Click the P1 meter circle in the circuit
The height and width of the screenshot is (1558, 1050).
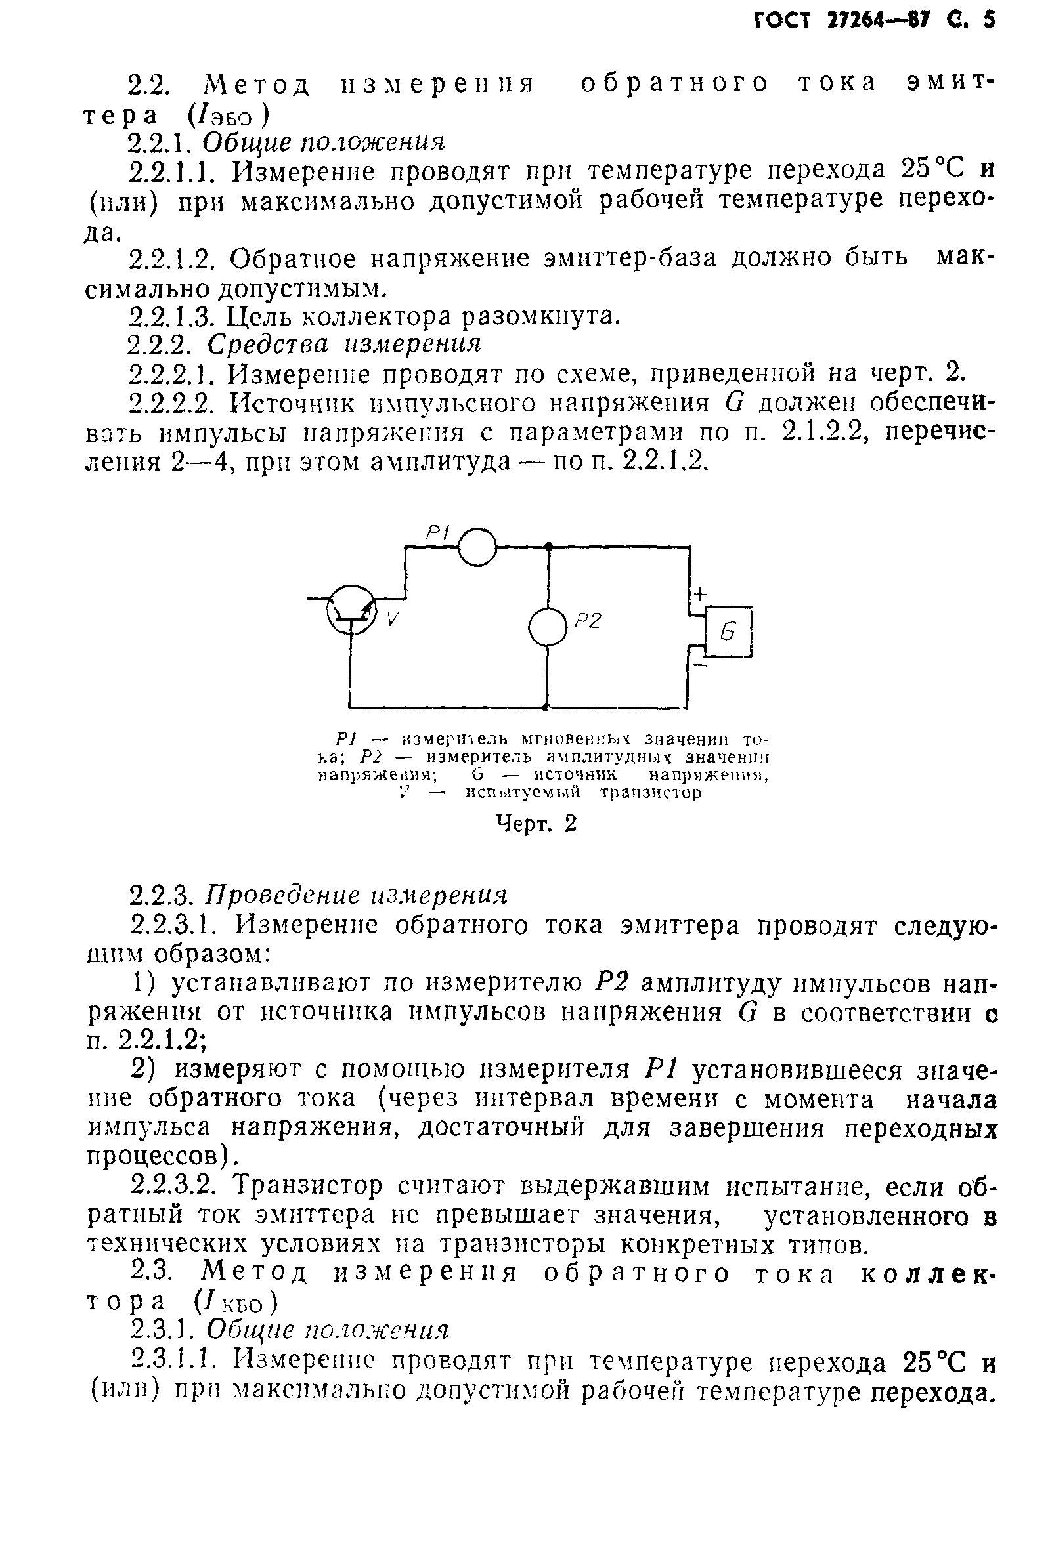[x=477, y=547]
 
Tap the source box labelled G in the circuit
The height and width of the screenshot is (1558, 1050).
[x=730, y=631]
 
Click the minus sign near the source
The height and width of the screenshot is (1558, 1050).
[x=700, y=666]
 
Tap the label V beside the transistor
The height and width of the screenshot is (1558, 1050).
[x=392, y=620]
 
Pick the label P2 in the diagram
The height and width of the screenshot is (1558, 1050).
[x=588, y=621]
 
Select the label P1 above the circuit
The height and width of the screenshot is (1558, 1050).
[x=439, y=533]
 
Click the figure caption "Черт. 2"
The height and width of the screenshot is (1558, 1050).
[x=535, y=823]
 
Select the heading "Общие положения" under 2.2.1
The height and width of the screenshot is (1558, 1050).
[x=324, y=142]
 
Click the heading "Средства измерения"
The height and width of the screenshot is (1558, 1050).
[x=344, y=344]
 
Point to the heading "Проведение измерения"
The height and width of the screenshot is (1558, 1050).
[x=357, y=895]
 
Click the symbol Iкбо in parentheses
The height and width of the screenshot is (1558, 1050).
[x=234, y=1301]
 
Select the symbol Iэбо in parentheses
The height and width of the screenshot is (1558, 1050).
[x=229, y=116]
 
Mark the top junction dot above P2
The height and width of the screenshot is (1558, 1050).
[x=548, y=547]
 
